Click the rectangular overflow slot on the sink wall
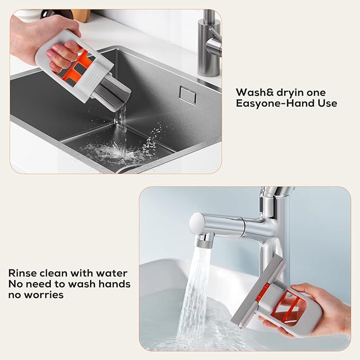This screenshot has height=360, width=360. (187, 93)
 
